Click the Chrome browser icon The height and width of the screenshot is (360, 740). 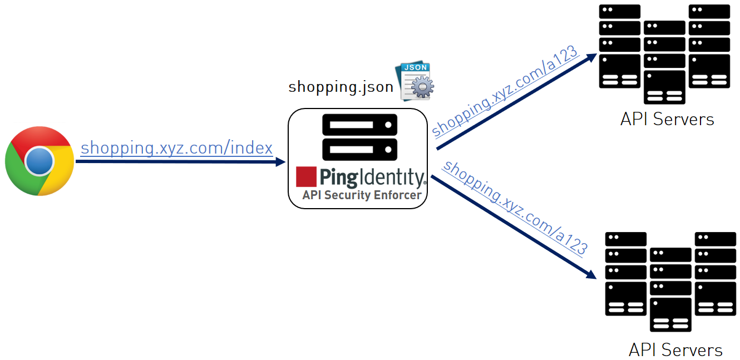(40, 161)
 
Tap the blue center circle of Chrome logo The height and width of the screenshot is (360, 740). (40, 161)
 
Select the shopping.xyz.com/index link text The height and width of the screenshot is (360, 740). (176, 148)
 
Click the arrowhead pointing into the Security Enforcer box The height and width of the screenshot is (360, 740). (280, 162)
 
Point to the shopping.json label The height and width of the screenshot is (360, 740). (341, 87)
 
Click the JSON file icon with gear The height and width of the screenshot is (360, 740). (415, 82)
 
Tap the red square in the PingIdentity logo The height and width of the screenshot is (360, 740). (307, 176)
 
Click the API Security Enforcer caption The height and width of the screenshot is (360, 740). (362, 195)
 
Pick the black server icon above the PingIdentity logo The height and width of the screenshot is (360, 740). (359, 137)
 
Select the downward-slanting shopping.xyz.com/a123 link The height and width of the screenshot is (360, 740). (515, 208)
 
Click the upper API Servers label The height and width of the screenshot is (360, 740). (667, 119)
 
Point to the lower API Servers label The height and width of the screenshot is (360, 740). (675, 350)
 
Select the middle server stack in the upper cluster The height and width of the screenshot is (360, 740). (664, 62)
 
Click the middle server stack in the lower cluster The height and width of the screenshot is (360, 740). (670, 289)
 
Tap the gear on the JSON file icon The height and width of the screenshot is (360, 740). (423, 88)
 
